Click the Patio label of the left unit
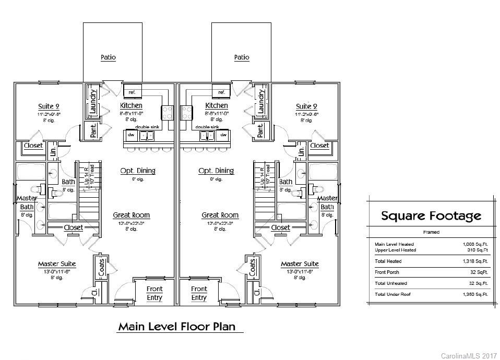point(108,57)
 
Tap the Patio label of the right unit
point(242,57)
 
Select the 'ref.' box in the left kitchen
point(133,92)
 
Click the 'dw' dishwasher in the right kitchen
point(223,135)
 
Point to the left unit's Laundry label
point(93,101)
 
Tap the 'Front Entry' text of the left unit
point(154,293)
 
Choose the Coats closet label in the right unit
point(252,267)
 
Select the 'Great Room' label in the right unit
point(220,215)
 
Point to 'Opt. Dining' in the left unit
point(138,171)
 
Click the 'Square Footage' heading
point(431,215)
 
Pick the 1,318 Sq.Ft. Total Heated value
point(475,261)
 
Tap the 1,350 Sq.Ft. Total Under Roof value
point(475,295)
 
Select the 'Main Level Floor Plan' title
point(176,327)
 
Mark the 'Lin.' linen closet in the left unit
point(53,152)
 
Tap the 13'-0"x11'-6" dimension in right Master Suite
point(300,271)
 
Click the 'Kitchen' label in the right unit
point(217,105)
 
